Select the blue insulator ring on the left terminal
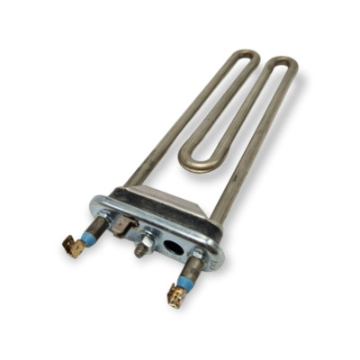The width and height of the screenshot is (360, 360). click(x=86, y=236)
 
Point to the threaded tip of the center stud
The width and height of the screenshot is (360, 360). click(x=139, y=252)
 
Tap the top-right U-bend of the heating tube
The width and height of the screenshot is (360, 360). click(x=284, y=67)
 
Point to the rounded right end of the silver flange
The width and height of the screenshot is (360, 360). click(x=216, y=255)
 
